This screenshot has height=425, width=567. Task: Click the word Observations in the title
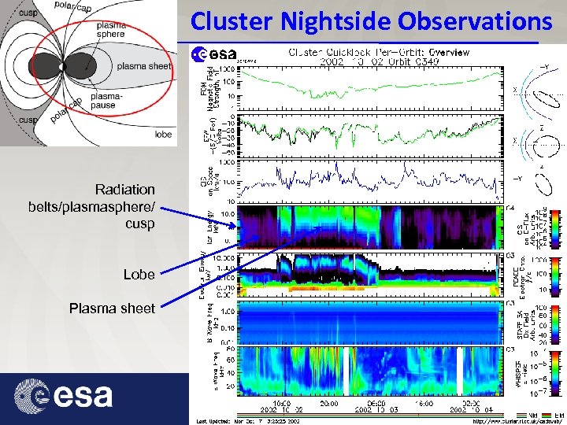coord(474,20)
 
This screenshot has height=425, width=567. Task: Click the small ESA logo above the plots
coord(215,54)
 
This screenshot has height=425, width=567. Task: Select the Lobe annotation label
coord(139,275)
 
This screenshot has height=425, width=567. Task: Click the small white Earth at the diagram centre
coord(64,68)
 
